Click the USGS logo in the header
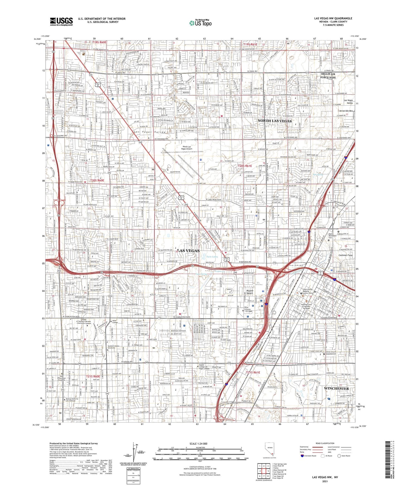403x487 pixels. [61, 21]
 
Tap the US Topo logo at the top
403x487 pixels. [200, 23]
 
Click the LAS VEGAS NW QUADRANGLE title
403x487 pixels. [333, 18]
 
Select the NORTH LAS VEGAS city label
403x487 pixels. [274, 121]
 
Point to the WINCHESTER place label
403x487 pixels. [336, 388]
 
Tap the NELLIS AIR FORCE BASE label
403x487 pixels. [328, 76]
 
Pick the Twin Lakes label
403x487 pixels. [212, 257]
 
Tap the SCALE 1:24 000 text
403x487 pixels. [198, 444]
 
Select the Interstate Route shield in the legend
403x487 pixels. [302, 456]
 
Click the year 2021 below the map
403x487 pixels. [325, 481]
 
